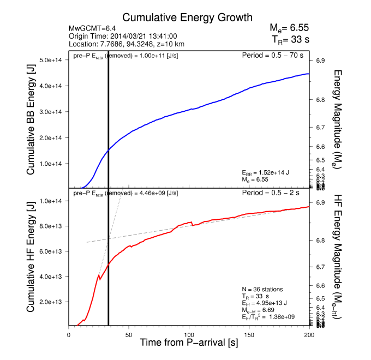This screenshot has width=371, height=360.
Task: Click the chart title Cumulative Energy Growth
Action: tap(187, 17)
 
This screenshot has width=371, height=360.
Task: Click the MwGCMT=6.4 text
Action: tap(91, 28)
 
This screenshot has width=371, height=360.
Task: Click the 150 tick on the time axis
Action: tap(249, 334)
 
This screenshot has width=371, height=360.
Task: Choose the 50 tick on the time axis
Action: tap(129, 334)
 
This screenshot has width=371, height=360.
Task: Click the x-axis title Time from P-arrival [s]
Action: tap(189, 344)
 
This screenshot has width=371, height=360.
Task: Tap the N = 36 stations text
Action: tap(263, 289)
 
